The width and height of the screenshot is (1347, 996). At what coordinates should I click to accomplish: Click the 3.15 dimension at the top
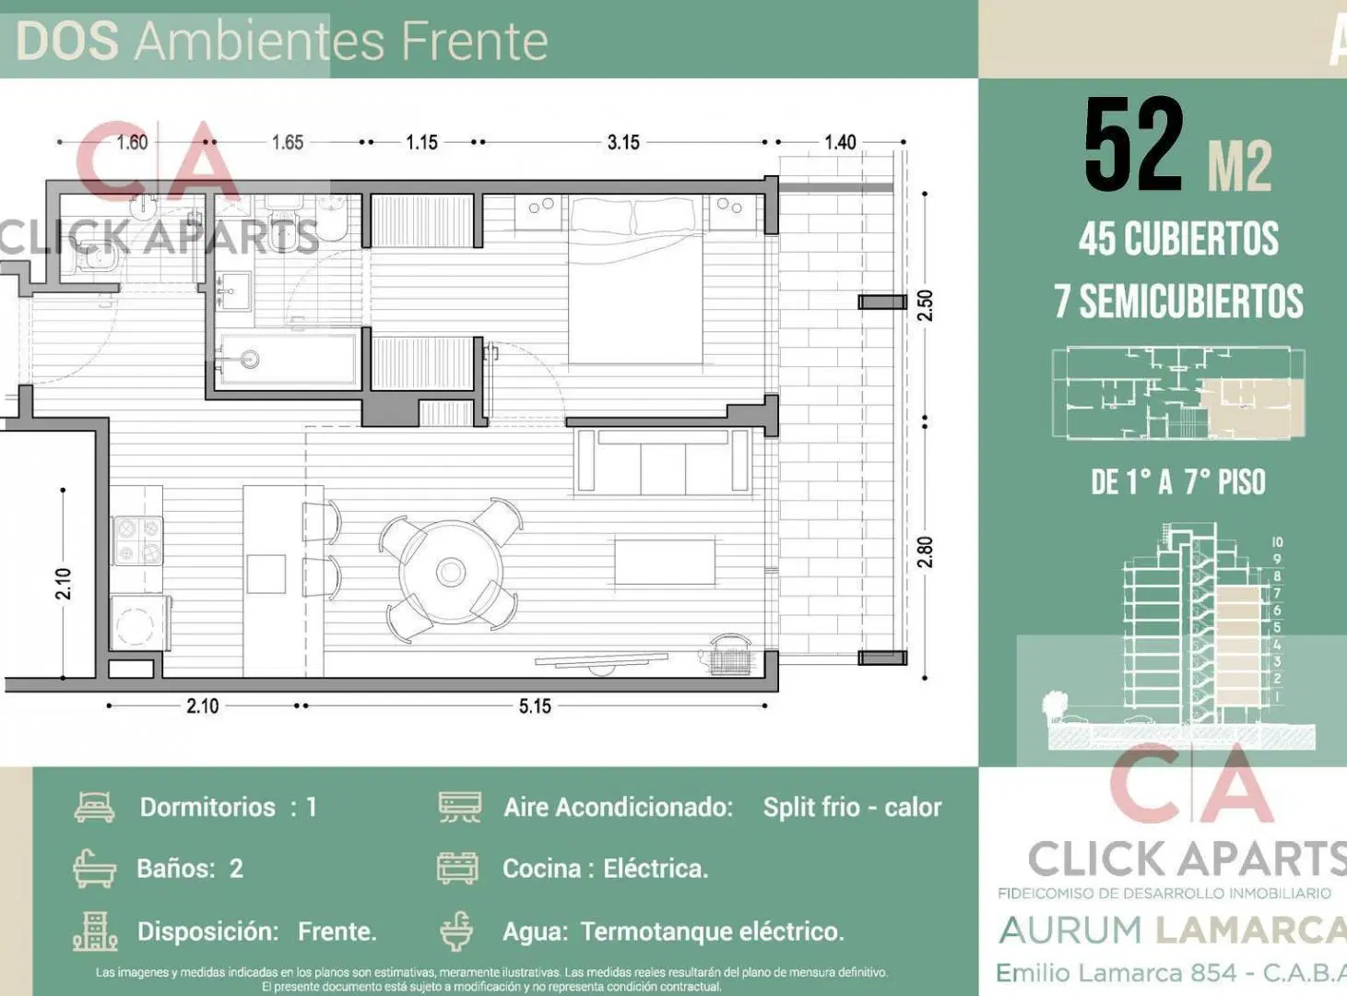pyautogui.click(x=623, y=143)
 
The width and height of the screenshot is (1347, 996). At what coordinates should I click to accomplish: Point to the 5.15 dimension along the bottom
pyautogui.click(x=535, y=706)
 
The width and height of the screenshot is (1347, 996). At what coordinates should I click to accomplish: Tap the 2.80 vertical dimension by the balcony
pyautogui.click(x=925, y=551)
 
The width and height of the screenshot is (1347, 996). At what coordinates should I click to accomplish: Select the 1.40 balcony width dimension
pyautogui.click(x=840, y=143)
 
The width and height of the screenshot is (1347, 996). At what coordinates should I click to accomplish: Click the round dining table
pyautogui.click(x=451, y=571)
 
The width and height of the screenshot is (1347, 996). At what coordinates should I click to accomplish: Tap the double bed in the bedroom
pyautogui.click(x=635, y=280)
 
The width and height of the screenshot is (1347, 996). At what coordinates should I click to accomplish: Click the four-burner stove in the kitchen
pyautogui.click(x=138, y=540)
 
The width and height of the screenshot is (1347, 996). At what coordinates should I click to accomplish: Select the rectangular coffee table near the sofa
pyautogui.click(x=665, y=563)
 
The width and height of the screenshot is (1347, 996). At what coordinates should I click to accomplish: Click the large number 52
pyautogui.click(x=1134, y=146)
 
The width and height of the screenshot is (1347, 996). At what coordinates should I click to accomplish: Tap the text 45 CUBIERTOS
pyautogui.click(x=1178, y=238)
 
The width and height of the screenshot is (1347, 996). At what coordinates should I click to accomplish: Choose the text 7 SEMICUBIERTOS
pyautogui.click(x=1178, y=302)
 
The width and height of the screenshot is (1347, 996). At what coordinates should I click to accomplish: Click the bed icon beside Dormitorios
pyautogui.click(x=95, y=806)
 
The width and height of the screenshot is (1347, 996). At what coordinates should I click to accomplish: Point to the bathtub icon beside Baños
pyautogui.click(x=94, y=869)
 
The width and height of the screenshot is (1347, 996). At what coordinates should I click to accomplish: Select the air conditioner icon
pyautogui.click(x=460, y=807)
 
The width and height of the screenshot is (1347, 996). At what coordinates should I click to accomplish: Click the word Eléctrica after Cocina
pyautogui.click(x=656, y=869)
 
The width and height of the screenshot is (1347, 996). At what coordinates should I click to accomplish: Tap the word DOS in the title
pyautogui.click(x=67, y=41)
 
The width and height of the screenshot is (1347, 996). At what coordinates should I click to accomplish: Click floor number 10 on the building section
pyautogui.click(x=1277, y=542)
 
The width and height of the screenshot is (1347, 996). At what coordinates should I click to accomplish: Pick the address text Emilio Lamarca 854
pyautogui.click(x=1117, y=973)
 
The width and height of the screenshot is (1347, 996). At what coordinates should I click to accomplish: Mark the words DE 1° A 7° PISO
pyautogui.click(x=1177, y=482)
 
